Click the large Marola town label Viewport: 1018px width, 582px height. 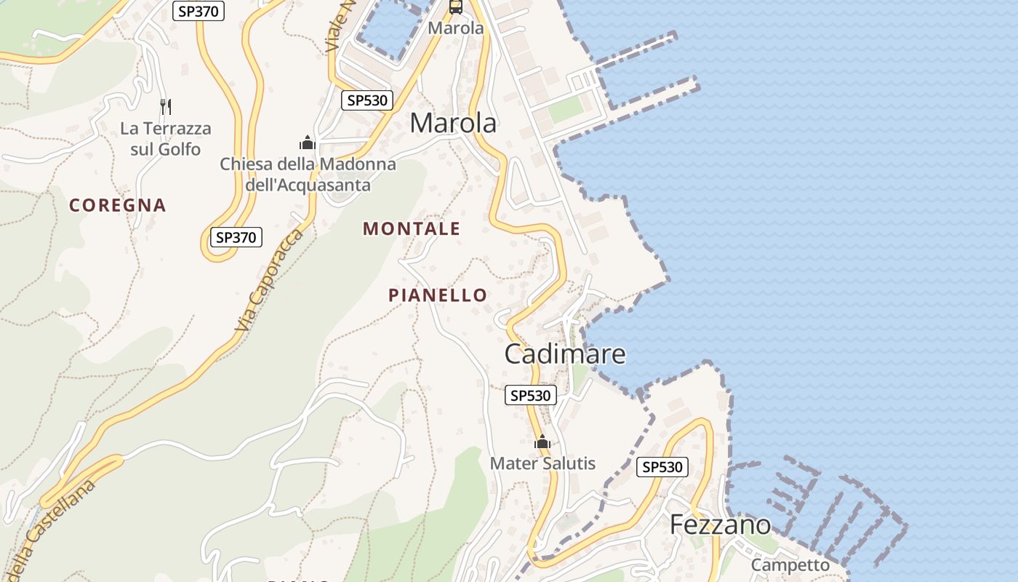point(453,123)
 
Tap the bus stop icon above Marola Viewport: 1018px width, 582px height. point(456,7)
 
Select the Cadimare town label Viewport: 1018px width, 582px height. point(565,354)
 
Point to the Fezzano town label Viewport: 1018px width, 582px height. point(720,524)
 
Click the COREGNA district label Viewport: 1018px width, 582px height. point(118,205)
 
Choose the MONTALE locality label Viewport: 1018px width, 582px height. point(412,228)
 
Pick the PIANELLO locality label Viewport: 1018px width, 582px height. point(438,295)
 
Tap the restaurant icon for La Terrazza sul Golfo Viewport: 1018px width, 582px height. point(166,107)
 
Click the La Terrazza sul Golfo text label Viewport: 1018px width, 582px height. point(166,139)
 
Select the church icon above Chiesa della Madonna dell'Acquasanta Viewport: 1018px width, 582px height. point(308,143)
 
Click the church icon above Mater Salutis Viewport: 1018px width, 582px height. point(542,442)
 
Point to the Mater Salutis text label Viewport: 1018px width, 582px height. point(542,463)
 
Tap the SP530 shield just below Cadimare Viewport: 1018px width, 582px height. point(531,395)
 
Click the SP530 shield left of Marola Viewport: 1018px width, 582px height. point(367,100)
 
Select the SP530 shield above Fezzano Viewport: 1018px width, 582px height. point(662,466)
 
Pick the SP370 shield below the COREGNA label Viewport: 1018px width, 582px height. point(236,237)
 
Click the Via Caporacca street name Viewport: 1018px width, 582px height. point(269,282)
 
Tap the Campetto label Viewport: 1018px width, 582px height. point(790,565)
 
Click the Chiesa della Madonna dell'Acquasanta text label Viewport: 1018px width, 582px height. point(308,174)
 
